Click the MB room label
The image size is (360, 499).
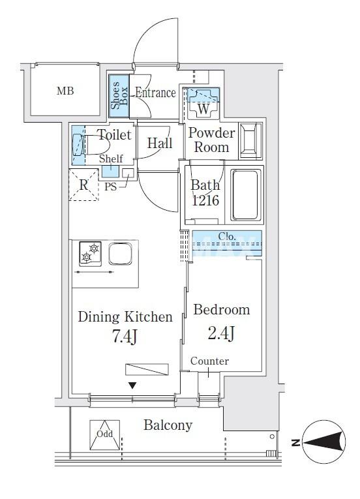tap(65, 91)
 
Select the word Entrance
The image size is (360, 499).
tap(155, 93)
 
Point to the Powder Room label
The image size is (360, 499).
tap(211, 140)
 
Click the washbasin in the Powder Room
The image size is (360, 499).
tap(251, 140)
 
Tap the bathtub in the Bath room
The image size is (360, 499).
tap(245, 195)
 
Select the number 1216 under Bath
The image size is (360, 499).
tap(205, 200)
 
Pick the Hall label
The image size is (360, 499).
tap(160, 144)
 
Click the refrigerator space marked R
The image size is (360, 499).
tap(83, 185)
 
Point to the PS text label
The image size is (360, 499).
tap(110, 187)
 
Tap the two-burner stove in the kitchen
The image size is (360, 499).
tap(91, 254)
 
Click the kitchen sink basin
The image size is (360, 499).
tap(120, 254)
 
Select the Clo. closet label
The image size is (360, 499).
tap(227, 236)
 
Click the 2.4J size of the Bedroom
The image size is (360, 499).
tap(221, 333)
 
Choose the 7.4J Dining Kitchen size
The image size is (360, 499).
tap(125, 337)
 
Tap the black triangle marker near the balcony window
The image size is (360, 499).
tap(132, 386)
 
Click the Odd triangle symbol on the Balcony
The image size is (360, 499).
tap(105, 435)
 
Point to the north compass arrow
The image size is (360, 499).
tap(324, 442)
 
